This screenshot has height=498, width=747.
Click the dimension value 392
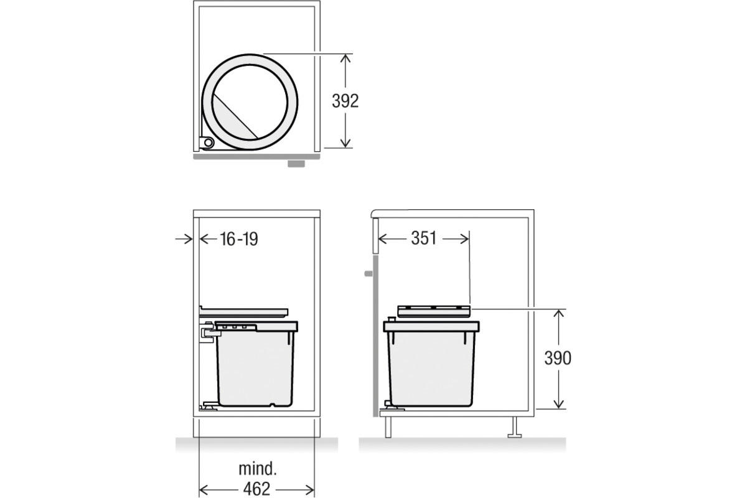[x=345, y=100]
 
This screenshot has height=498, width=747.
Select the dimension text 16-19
[x=238, y=238]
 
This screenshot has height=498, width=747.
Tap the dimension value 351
[x=423, y=238]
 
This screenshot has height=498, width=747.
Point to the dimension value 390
[x=557, y=359]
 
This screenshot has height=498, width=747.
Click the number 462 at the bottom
[x=256, y=489]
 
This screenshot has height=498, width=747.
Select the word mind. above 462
[x=257, y=469]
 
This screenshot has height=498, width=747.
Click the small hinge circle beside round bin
[x=207, y=143]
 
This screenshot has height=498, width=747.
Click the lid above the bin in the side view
[x=433, y=311]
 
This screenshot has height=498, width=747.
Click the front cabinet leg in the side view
[x=388, y=427]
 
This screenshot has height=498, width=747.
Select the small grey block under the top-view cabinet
[x=295, y=164]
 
